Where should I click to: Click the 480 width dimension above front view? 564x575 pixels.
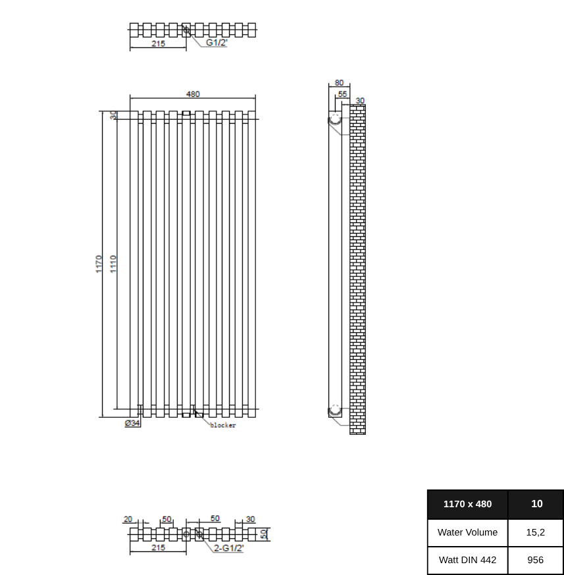click(x=193, y=94)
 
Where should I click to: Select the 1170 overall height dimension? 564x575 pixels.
click(x=99, y=264)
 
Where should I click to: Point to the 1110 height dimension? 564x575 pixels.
click(x=113, y=264)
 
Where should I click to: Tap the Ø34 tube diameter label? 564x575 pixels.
click(x=132, y=423)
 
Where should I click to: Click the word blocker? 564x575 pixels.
click(x=222, y=426)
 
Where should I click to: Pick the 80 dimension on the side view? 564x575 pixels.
click(x=339, y=83)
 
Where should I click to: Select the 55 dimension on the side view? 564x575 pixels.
click(x=342, y=94)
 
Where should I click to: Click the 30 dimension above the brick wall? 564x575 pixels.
click(x=360, y=101)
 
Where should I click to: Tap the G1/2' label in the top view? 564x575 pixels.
click(x=217, y=42)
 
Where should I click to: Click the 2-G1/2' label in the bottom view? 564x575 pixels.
click(x=228, y=547)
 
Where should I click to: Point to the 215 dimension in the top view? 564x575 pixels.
click(x=158, y=43)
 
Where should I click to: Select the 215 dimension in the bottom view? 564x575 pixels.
click(x=158, y=547)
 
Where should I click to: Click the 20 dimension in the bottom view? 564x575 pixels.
click(x=128, y=519)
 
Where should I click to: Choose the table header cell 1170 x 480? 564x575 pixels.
click(x=467, y=504)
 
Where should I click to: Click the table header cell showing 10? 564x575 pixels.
click(x=536, y=504)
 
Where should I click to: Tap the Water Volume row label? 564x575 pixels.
click(x=467, y=532)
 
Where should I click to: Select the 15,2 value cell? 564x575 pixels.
click(x=536, y=532)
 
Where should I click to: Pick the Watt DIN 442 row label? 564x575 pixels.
click(x=467, y=560)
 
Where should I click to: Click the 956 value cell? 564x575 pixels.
click(x=536, y=560)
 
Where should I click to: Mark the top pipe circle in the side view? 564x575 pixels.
click(x=336, y=118)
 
